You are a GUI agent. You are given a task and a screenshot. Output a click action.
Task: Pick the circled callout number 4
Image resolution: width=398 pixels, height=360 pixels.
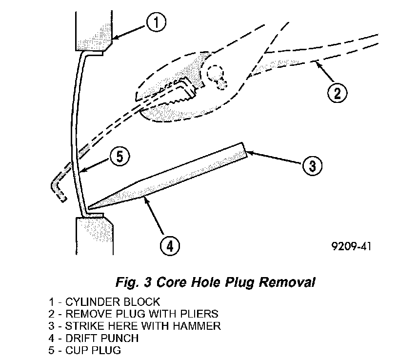[x=169, y=244]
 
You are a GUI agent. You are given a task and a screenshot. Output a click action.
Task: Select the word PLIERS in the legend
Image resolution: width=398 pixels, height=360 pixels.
[x=200, y=314]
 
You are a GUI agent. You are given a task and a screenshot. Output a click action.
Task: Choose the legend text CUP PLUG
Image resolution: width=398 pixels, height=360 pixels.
[x=98, y=350]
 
